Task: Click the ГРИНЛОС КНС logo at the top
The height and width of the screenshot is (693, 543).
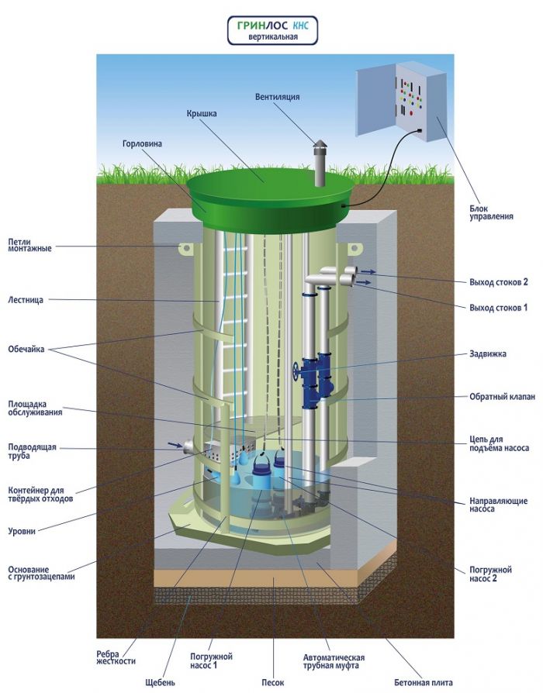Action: pyautogui.click(x=271, y=29)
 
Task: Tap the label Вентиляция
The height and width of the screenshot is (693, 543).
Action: pyautogui.click(x=277, y=97)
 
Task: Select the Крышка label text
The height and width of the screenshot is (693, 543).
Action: pyautogui.click(x=201, y=113)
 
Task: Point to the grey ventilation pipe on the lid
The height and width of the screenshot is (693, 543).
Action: pyautogui.click(x=317, y=165)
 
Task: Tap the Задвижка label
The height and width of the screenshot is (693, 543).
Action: pyautogui.click(x=488, y=353)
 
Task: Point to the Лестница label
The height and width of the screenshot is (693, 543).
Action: pyautogui.click(x=29, y=298)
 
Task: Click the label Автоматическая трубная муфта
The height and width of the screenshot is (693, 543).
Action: pyautogui.click(x=334, y=661)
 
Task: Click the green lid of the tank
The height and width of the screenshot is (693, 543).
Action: pyautogui.click(x=264, y=186)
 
